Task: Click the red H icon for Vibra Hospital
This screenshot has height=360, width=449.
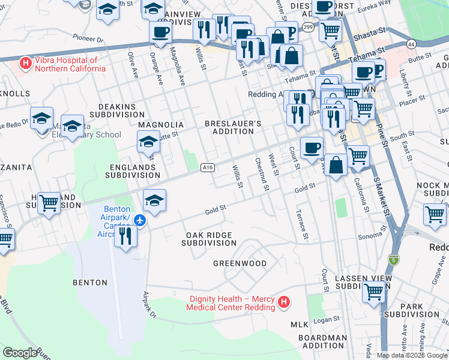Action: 25,61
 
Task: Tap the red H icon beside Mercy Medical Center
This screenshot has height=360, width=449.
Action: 285,303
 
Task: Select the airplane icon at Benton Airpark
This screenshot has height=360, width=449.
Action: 140,221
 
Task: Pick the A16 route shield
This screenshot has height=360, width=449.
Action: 208,168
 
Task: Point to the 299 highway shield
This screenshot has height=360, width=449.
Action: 307,28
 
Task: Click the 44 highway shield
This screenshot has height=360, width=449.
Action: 411,44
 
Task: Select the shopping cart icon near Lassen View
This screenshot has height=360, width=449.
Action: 373,292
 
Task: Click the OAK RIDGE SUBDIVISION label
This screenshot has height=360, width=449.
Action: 209,239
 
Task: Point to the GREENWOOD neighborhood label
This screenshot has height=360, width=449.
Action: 240,263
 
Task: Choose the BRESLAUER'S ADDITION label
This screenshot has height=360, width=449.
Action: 234,127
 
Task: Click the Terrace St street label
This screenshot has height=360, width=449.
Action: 301,223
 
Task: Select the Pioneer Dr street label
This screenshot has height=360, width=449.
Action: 88,38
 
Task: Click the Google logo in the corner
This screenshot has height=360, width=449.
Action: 19,353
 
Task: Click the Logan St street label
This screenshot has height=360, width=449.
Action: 325,320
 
